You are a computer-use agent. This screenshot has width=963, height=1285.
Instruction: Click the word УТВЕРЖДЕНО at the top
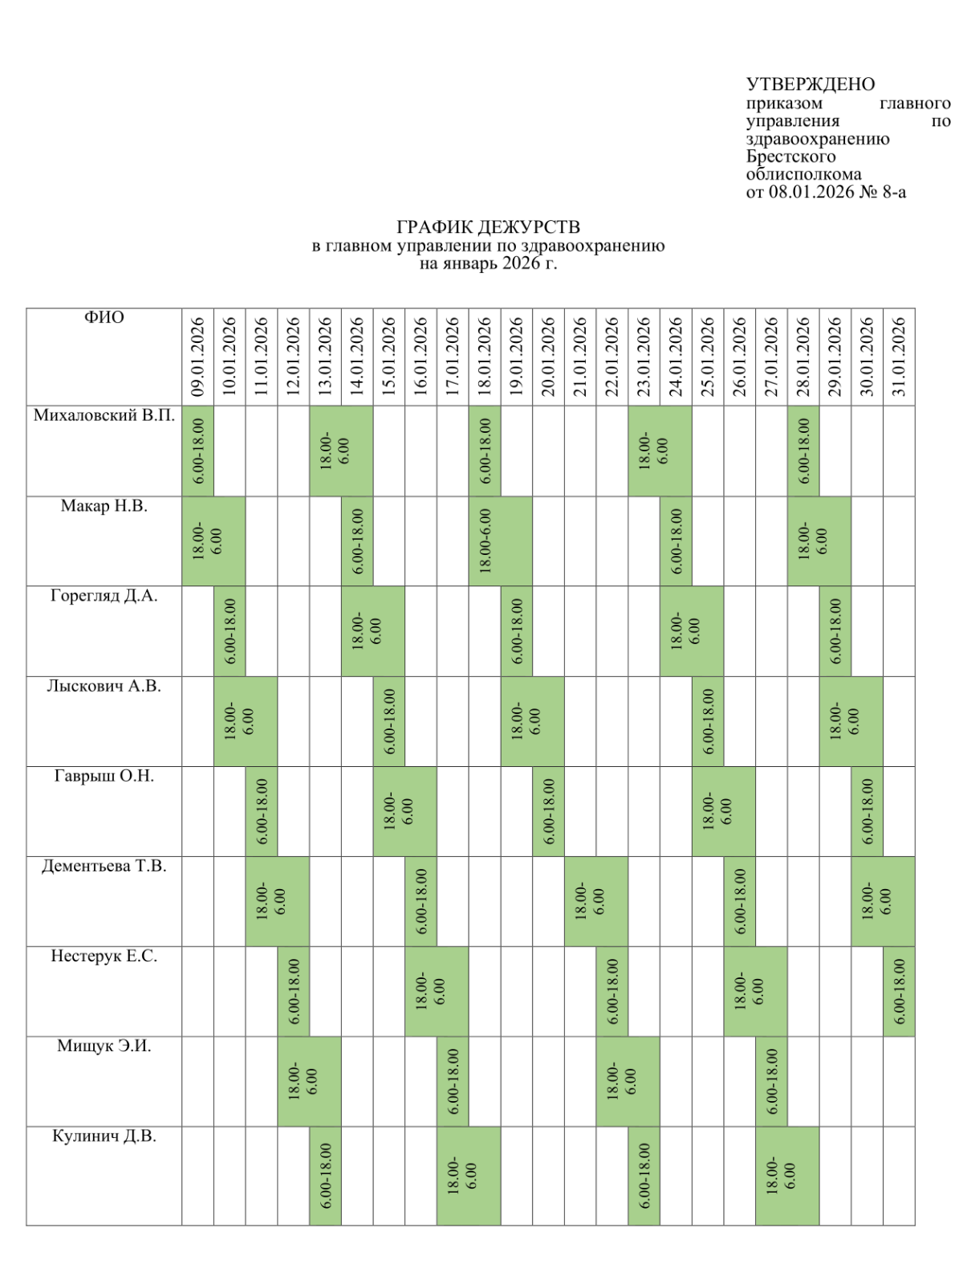[x=810, y=84]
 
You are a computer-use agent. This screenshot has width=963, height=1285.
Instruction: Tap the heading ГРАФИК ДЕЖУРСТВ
[x=488, y=228]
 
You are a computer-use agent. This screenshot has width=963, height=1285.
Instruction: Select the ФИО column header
[x=104, y=318]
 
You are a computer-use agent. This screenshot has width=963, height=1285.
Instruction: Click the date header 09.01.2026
[x=198, y=356]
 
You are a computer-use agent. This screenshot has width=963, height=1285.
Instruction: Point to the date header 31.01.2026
[x=899, y=356]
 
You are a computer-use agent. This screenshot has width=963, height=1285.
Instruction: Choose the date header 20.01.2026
[x=548, y=356]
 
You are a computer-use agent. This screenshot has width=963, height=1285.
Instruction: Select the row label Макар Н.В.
[x=104, y=506]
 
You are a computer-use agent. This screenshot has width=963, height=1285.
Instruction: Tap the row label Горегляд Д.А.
[x=104, y=596]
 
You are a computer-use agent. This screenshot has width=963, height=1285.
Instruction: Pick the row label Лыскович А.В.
[x=104, y=686]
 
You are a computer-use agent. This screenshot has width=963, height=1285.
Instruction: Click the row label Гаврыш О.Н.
[x=104, y=776]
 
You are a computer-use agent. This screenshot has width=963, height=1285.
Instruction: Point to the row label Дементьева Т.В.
[x=104, y=866]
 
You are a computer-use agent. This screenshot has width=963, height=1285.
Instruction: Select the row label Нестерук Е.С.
[x=104, y=956]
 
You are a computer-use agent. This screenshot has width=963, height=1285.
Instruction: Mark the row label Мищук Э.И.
[x=104, y=1046]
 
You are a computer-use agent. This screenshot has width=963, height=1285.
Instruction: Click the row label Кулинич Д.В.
[x=104, y=1136]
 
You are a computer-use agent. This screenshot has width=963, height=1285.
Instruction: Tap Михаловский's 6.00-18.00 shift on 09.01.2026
[x=198, y=451]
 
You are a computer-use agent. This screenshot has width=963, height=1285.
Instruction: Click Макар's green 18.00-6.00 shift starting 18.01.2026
[x=500, y=541]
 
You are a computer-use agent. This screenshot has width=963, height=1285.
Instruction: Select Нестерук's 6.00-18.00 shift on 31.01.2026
[x=899, y=991]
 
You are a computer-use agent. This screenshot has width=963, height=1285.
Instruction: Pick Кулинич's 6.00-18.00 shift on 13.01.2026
[x=326, y=1176]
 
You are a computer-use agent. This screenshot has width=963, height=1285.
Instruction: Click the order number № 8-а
[x=883, y=192]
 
